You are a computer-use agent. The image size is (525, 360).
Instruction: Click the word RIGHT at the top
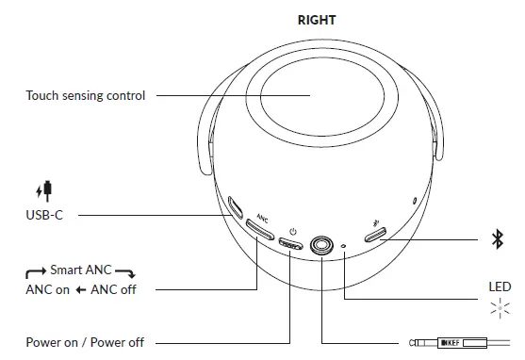317,19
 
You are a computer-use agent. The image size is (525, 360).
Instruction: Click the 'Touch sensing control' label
86,95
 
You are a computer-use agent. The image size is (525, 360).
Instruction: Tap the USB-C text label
44,216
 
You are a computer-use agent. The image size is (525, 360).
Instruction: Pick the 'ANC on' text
48,289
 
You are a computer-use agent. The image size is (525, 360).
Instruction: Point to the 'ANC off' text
114,289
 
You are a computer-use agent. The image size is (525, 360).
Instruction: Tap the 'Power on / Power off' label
85,342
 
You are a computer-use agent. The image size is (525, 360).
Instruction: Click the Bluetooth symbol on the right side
499,241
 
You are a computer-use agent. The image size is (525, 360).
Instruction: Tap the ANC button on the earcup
259,232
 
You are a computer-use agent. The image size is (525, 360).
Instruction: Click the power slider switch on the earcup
291,246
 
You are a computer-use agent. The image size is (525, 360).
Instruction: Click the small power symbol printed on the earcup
293,231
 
